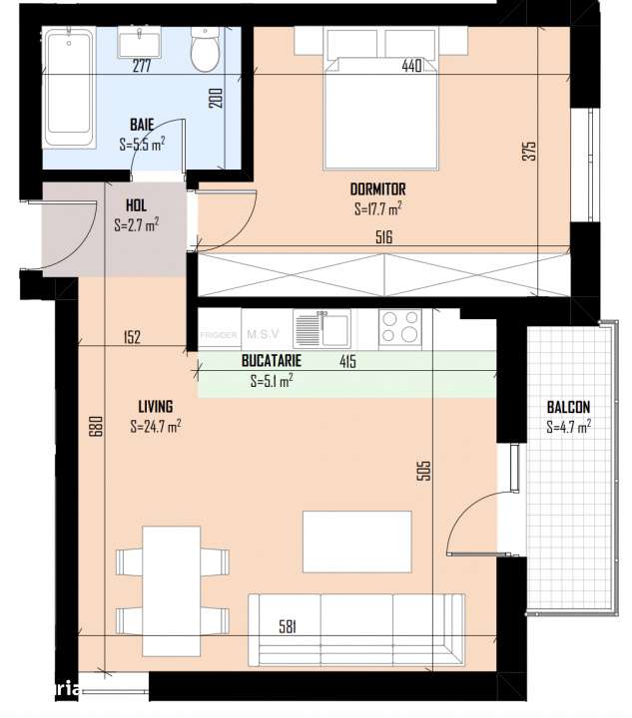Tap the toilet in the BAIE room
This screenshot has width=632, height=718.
pyautogui.click(x=206, y=49)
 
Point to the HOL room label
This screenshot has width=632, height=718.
pyautogui.click(x=136, y=207)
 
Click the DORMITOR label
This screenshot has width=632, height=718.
pyautogui.click(x=377, y=189)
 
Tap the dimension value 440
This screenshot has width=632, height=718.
pyautogui.click(x=411, y=67)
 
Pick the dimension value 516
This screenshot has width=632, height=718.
pyautogui.click(x=383, y=237)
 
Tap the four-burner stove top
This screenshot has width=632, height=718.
pyautogui.click(x=399, y=327)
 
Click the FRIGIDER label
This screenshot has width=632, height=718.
pyautogui.click(x=218, y=335)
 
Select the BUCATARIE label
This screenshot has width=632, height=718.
pyautogui.click(x=272, y=362)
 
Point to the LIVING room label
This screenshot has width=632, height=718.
pyautogui.click(x=155, y=407)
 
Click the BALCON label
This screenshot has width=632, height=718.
pyautogui.click(x=568, y=408)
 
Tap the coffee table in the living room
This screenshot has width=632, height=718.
pyautogui.click(x=356, y=542)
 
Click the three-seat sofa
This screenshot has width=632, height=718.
pyautogui.click(x=356, y=628)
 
